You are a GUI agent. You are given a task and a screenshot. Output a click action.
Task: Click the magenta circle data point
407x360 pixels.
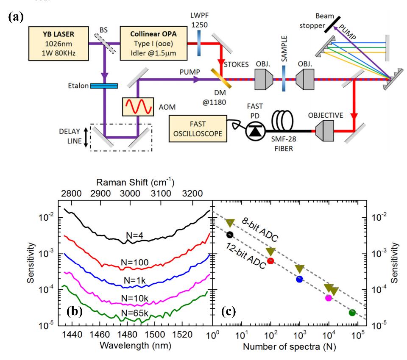328,298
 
